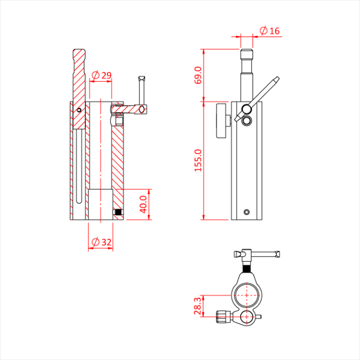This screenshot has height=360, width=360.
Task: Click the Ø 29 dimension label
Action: [x=101, y=76]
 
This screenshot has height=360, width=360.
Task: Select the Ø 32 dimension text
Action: [x=101, y=241]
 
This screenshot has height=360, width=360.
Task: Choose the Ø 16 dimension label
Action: [x=269, y=31]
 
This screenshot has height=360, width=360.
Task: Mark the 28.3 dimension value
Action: [x=198, y=305]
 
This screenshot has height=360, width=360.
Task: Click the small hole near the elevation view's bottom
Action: [x=247, y=211]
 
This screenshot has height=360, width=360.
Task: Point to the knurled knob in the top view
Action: [x=222, y=316]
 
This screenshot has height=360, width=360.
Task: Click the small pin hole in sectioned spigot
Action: [x=78, y=110]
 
